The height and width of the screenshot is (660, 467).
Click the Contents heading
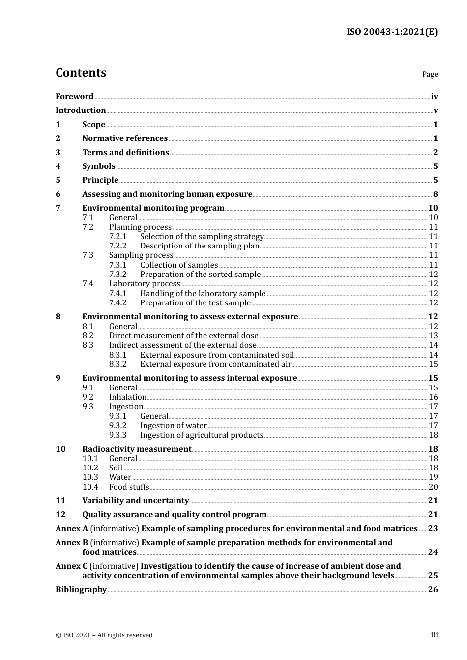tap(81, 73)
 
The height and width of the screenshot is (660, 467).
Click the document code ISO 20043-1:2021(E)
tap(392, 32)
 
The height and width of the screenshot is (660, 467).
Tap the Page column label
tap(430, 74)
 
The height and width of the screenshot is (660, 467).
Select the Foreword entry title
tap(74, 97)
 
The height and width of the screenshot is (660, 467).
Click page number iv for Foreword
tap(434, 97)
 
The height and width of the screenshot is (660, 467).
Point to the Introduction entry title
tap(81, 110)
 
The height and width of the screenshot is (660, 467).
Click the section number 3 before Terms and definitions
tap(58, 153)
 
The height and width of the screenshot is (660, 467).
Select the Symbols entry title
tap(98, 166)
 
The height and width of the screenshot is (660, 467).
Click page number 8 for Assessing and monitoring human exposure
tap(435, 194)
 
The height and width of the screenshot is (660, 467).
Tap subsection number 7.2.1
tap(117, 237)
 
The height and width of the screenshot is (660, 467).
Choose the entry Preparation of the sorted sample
tap(200, 275)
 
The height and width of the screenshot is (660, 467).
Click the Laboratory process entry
tap(145, 284)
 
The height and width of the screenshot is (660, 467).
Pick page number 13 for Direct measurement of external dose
tap(433, 336)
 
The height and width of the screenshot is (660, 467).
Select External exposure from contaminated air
tap(215, 364)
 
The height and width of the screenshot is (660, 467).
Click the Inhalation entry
tap(127, 397)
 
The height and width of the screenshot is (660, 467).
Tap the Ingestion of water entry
tap(173, 426)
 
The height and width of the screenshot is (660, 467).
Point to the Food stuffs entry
tap(129, 487)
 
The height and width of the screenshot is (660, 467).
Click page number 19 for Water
tap(433, 477)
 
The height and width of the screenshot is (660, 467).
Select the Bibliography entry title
tap(81, 590)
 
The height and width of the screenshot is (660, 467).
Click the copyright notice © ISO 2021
tap(104, 635)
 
